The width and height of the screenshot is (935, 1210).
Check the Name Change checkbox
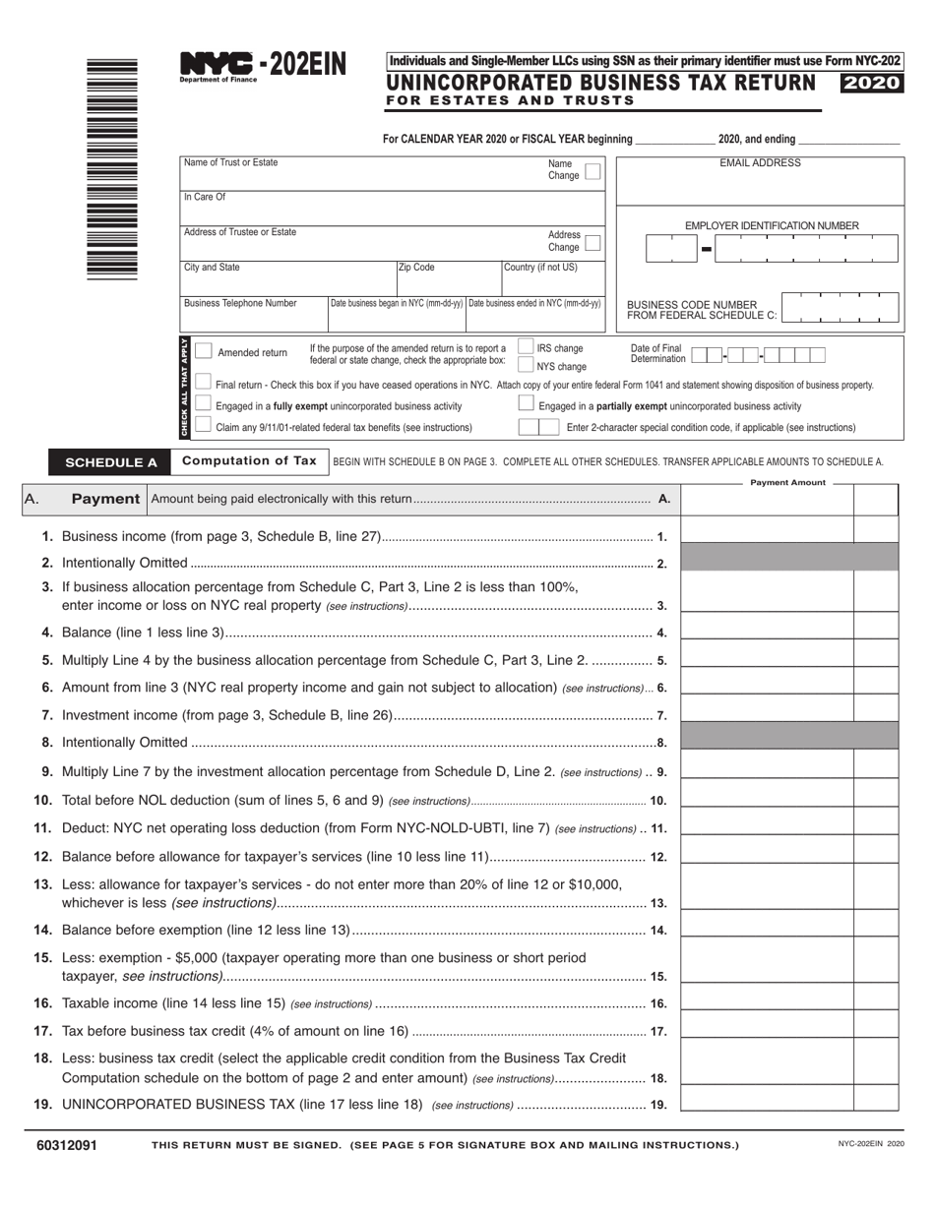(x=592, y=171)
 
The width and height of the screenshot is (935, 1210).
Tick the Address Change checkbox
(x=592, y=242)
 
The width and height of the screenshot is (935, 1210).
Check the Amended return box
(x=204, y=351)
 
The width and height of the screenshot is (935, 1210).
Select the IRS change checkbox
(x=526, y=346)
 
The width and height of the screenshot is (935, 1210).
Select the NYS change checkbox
(x=526, y=365)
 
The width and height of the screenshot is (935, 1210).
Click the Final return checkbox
(x=204, y=383)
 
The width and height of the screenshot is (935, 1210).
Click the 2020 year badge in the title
(x=870, y=84)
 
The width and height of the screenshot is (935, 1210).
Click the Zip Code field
(x=448, y=279)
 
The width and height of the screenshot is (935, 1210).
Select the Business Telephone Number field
(x=253, y=315)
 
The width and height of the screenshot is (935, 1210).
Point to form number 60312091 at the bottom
(x=66, y=1145)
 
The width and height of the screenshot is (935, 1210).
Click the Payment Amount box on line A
(x=767, y=500)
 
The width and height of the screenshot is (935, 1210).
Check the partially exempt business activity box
(x=526, y=403)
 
